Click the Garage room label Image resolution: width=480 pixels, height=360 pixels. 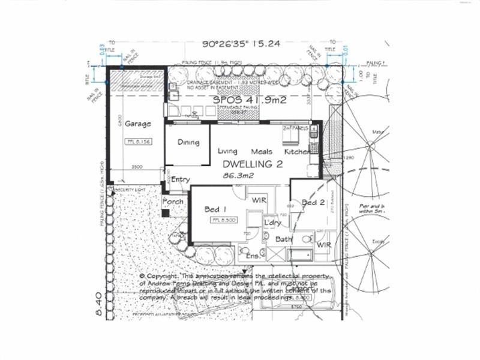tap(138, 124)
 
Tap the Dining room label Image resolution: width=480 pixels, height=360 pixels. tap(187, 142)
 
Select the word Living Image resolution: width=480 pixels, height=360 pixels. tap(227, 151)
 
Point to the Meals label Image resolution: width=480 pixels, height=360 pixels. tap(262, 152)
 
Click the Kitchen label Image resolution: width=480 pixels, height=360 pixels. tap(297, 152)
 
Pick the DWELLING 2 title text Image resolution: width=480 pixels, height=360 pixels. tap(253, 164)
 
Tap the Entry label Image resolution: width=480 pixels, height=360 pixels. tap(181, 179)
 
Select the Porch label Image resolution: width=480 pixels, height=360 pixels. tap(173, 201)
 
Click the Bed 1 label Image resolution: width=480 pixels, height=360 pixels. tap(215, 209)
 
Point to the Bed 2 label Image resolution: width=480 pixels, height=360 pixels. tap(313, 203)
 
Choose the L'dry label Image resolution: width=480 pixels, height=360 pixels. tap(273, 223)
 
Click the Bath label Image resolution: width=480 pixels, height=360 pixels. tap(283, 239)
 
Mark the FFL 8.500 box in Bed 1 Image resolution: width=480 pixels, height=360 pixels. tap(218, 221)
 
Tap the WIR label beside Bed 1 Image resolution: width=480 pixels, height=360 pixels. tap(259, 199)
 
